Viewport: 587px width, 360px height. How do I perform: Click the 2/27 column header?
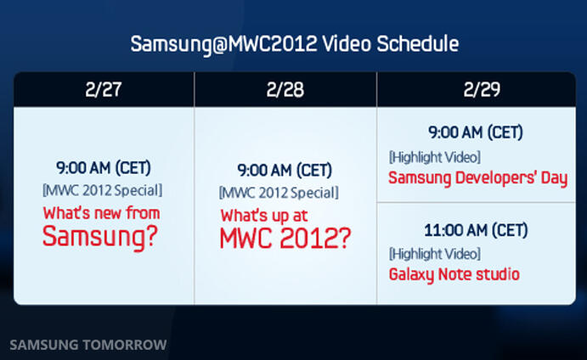click(104, 89)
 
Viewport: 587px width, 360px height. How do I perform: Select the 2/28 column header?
click(285, 90)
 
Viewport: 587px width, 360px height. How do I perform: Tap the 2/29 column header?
click(482, 89)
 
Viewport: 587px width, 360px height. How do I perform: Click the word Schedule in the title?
click(417, 44)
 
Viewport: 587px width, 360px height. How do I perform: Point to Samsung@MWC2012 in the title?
click(224, 44)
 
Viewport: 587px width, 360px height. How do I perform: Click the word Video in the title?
click(347, 44)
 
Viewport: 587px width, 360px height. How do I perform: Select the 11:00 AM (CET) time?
click(476, 230)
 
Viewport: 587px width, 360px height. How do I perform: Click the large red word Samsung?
click(100, 237)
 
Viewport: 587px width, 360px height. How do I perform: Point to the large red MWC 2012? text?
click(285, 239)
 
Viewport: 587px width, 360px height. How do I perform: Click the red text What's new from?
click(101, 213)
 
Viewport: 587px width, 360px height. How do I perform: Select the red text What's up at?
click(264, 216)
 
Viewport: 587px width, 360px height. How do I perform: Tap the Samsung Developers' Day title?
click(478, 178)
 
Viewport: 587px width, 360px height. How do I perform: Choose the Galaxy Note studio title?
click(454, 275)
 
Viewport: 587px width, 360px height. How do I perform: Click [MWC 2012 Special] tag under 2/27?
click(102, 190)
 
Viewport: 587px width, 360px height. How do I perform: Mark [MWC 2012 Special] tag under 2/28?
click(279, 193)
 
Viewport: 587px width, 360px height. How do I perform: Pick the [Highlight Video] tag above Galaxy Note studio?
click(435, 254)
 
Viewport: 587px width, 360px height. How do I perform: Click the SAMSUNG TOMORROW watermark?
click(88, 345)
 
